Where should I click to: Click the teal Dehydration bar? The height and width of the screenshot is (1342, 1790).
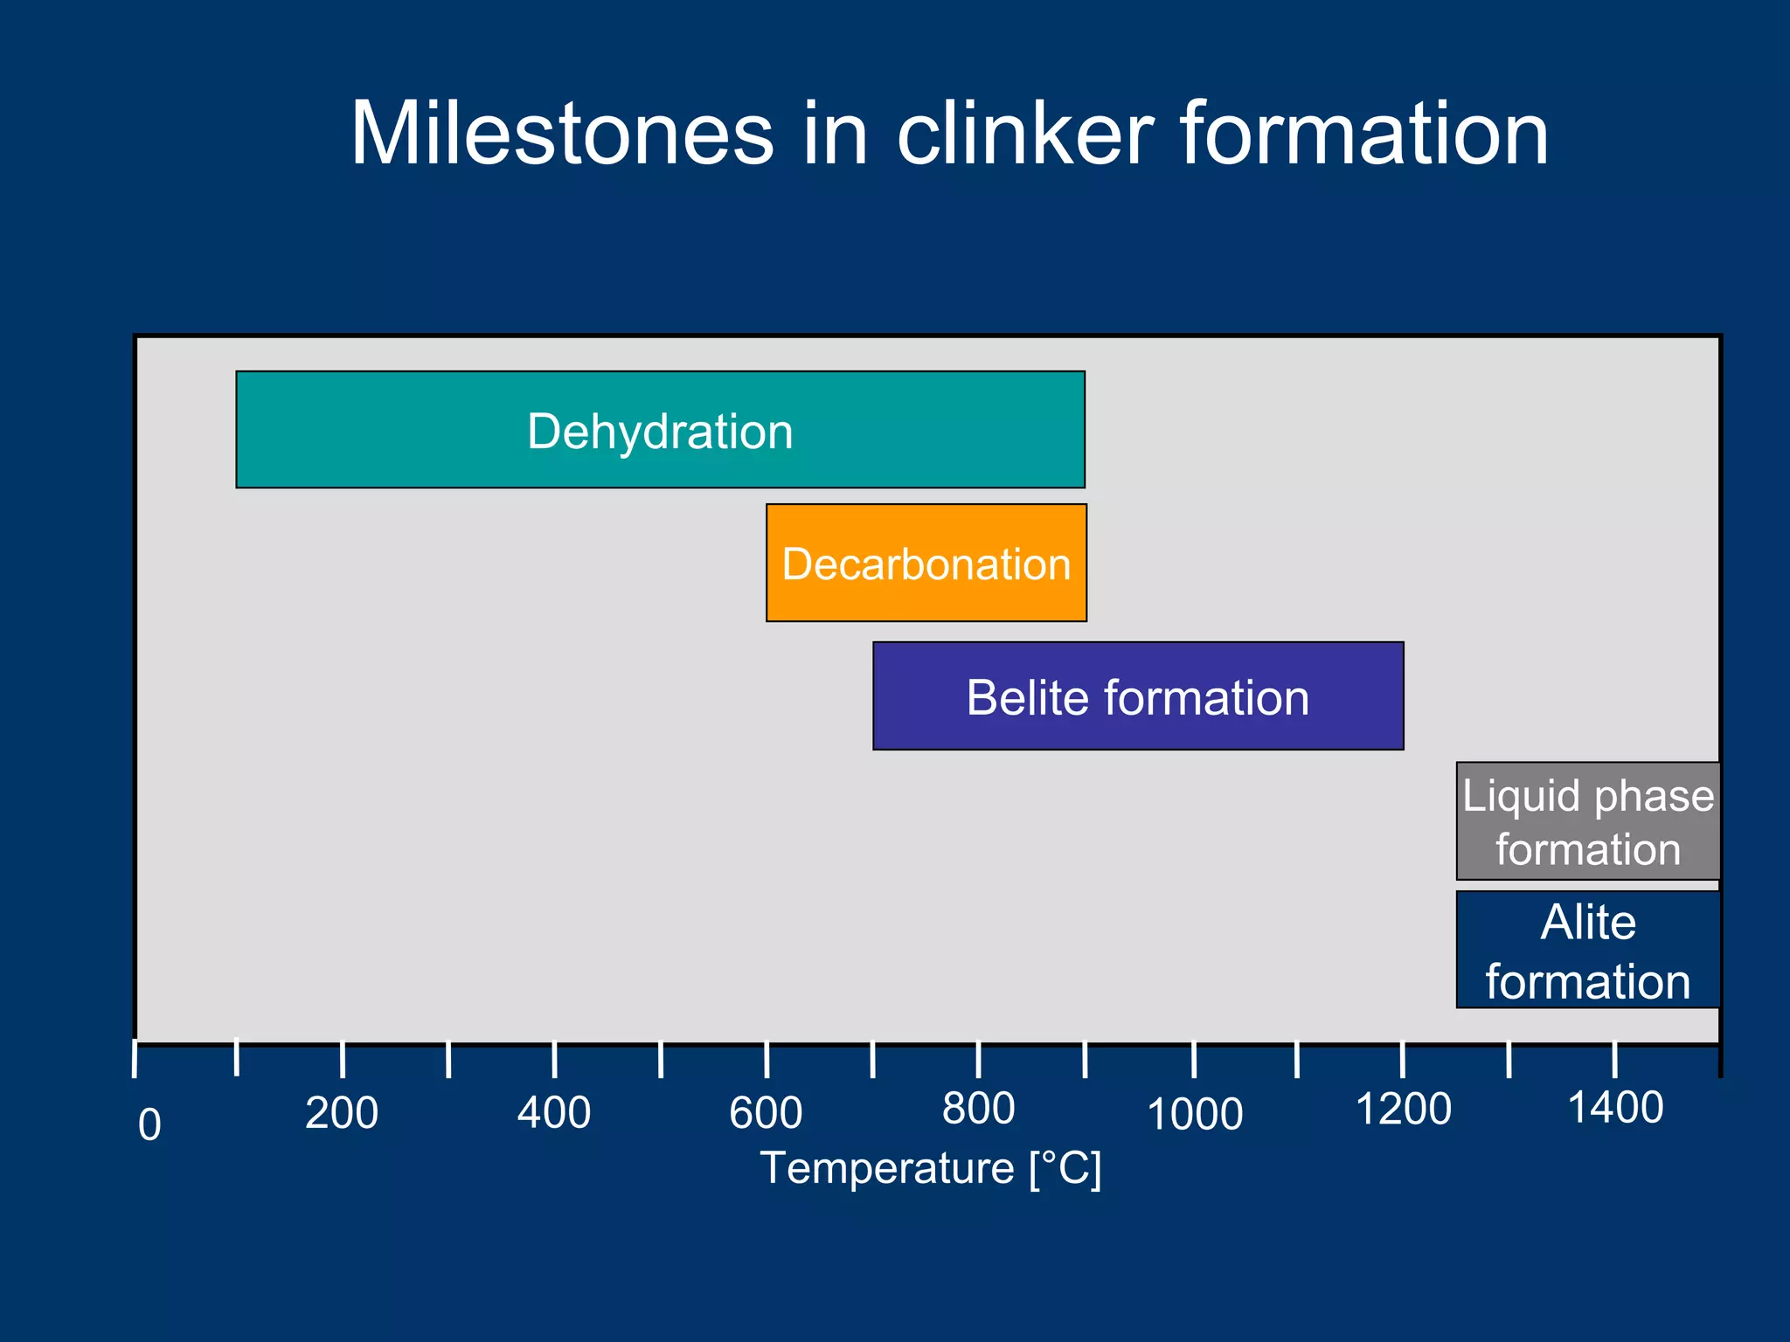[x=660, y=430]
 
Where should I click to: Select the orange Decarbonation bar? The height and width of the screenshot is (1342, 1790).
[x=926, y=563]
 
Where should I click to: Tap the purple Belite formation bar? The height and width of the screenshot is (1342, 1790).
[x=1137, y=696]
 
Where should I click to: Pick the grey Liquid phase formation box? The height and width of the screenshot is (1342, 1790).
[x=1587, y=821]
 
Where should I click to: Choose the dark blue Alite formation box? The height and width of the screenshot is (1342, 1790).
[x=1587, y=950]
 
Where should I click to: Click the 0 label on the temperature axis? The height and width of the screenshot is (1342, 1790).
[x=149, y=1124]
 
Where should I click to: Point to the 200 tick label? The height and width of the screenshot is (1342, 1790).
[x=341, y=1113]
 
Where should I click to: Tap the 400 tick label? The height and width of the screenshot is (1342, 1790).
[x=553, y=1113]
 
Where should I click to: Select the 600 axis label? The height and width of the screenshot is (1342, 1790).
[x=766, y=1113]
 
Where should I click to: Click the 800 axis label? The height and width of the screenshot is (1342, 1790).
[x=978, y=1109]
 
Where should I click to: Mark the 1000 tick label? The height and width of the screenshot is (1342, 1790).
[x=1194, y=1115]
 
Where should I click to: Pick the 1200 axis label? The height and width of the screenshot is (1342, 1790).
[x=1403, y=1110]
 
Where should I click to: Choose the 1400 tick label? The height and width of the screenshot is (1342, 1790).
[x=1615, y=1108]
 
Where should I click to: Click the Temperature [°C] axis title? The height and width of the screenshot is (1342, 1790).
[x=930, y=1168]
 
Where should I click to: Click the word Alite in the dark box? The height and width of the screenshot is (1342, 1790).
[x=1587, y=922]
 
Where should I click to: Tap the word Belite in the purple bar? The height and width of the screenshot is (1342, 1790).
[x=1028, y=697]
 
